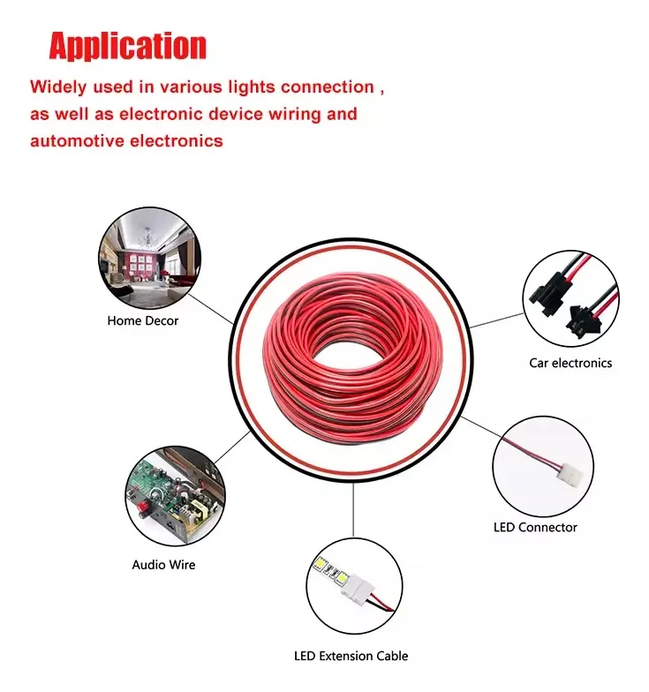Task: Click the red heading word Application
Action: pyautogui.click(x=127, y=46)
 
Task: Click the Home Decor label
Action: pyautogui.click(x=142, y=321)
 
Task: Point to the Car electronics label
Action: pyautogui.click(x=570, y=363)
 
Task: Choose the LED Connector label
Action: pyautogui.click(x=534, y=527)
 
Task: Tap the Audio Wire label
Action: pyautogui.click(x=163, y=564)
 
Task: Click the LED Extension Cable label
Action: pyautogui.click(x=351, y=656)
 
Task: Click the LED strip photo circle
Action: pyautogui.click(x=354, y=586)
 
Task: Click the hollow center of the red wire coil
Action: pyautogui.click(x=354, y=349)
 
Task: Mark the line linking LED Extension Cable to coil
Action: pyautogui.click(x=354, y=512)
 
